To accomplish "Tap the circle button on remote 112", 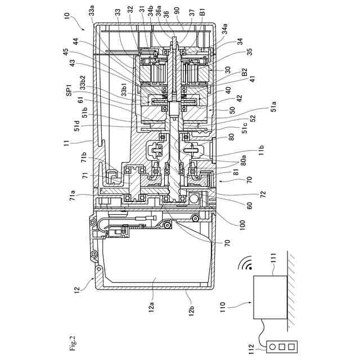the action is point(272,347).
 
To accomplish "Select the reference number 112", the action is point(251,349).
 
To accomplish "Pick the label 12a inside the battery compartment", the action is point(151,307).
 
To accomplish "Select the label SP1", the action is point(69,90).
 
